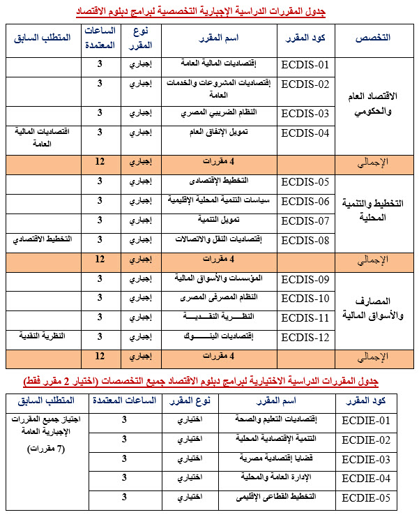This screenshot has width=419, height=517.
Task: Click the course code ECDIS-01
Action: (304, 66)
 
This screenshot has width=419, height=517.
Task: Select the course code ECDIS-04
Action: (304, 133)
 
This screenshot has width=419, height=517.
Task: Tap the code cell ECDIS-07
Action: (304, 221)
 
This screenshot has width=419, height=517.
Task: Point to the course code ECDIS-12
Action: (304, 338)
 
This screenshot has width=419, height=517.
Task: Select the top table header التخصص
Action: (377, 37)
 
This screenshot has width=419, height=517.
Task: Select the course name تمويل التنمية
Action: (211, 220)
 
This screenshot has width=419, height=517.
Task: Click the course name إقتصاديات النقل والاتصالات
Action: (211, 239)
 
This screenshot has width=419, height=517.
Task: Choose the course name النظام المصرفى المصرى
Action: (211, 298)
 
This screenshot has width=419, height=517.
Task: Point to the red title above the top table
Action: (210, 12)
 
